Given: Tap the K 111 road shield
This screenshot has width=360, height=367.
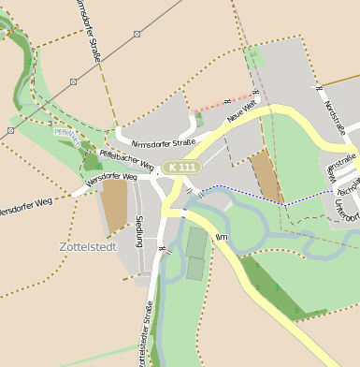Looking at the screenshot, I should tap(180, 167).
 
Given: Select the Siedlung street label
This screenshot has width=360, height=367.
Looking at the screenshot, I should tap(139, 230).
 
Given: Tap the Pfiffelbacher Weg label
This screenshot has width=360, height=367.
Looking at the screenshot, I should tap(120, 158).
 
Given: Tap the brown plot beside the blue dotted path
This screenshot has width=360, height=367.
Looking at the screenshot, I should tap(267, 175).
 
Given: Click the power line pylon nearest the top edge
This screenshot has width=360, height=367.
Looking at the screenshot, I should tap(137, 34).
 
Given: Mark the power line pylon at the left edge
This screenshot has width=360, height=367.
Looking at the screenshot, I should tap(11, 130).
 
